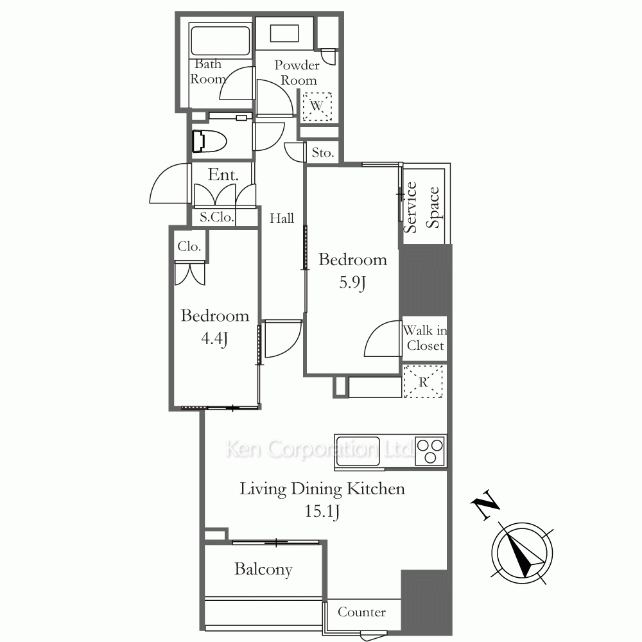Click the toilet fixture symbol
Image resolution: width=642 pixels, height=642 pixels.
(209, 141)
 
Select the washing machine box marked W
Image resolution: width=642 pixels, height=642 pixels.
(317, 107)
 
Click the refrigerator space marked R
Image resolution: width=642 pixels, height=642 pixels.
(423, 381)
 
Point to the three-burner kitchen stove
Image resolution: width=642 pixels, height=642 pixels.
(429, 451)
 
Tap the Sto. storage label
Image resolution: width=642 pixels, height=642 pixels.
(323, 153)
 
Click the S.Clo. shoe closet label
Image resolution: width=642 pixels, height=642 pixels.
(217, 217)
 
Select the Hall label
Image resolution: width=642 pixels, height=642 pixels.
(282, 218)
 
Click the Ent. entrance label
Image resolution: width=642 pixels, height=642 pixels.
(223, 175)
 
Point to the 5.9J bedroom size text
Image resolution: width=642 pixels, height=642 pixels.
(352, 282)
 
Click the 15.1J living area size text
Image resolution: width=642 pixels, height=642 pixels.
(322, 512)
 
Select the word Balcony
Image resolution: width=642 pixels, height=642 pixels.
(263, 569)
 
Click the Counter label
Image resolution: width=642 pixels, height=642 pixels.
(361, 612)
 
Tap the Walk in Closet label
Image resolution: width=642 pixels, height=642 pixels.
(424, 338)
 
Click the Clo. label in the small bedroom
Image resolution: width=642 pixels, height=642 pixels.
(189, 247)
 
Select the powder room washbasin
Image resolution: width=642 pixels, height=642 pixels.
(284, 33)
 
